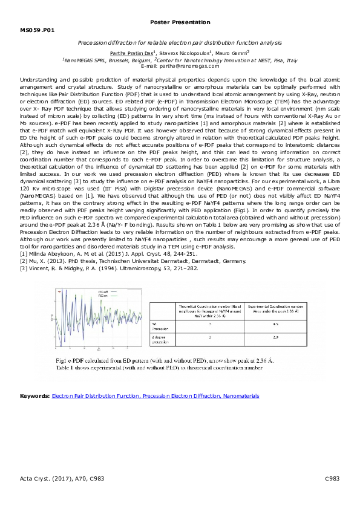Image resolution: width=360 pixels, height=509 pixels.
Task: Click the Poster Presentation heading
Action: [x=179, y=22]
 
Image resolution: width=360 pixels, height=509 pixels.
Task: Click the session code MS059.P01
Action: [x=37, y=29]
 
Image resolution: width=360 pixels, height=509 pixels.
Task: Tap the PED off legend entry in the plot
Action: [x=103, y=291]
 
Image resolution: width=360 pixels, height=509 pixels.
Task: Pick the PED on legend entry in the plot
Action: [x=103, y=296]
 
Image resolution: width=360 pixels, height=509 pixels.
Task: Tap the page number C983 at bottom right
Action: [x=332, y=478]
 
